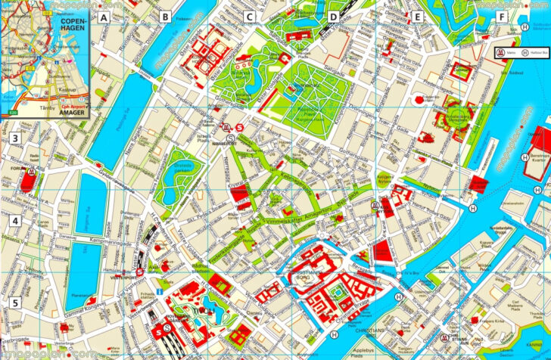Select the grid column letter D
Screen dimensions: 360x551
tap(332, 16)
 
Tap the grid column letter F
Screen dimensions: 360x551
tap(500, 16)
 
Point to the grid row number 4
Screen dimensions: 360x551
tap(14, 222)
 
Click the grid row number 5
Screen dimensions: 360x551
tap(14, 303)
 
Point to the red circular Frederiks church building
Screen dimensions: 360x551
tap(456, 115)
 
